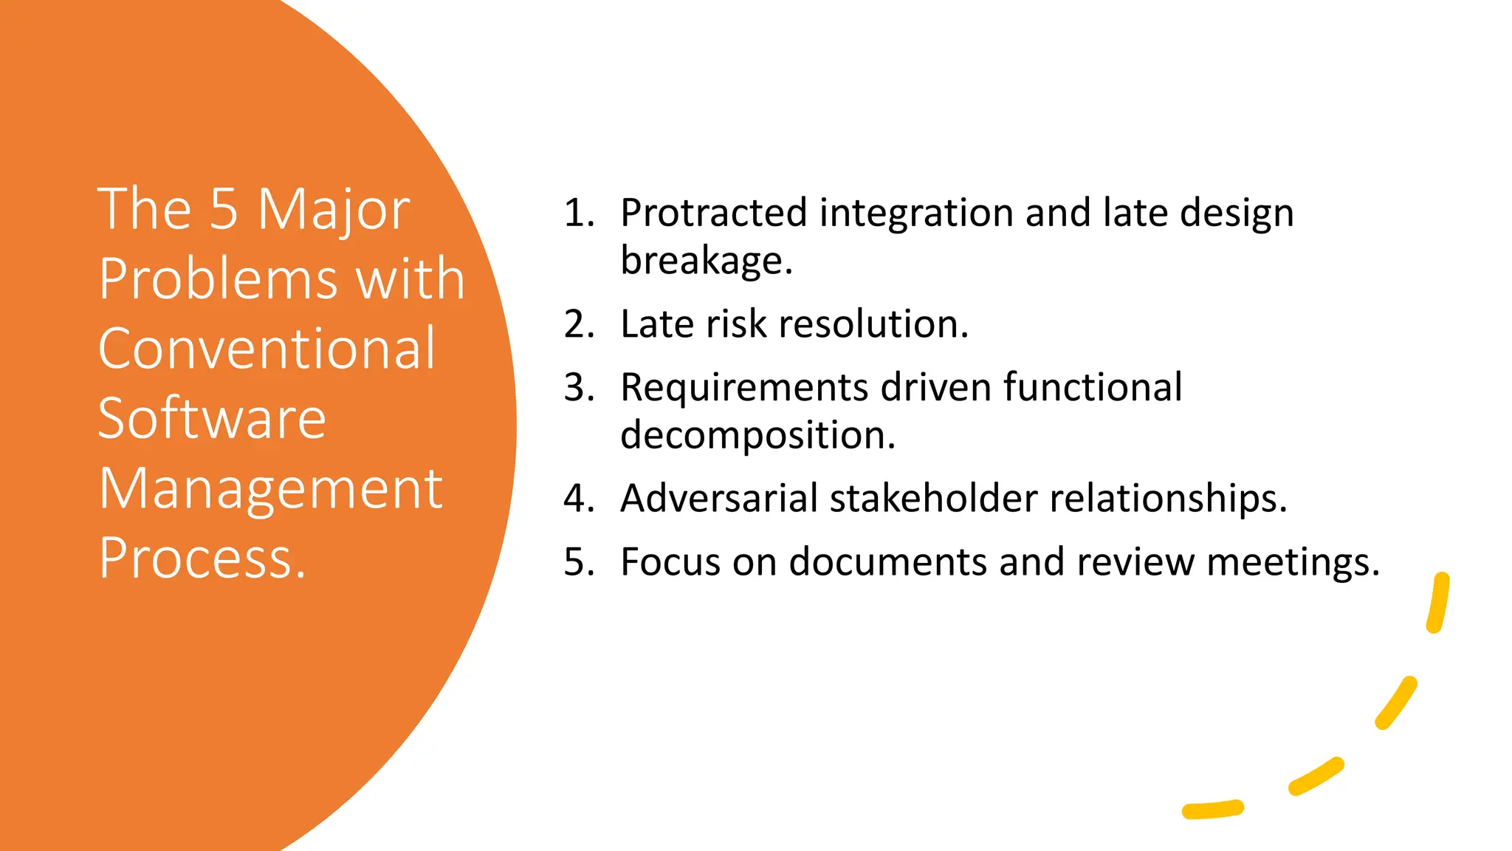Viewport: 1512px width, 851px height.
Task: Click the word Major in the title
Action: click(x=333, y=210)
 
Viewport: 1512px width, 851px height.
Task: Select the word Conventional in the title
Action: click(x=267, y=349)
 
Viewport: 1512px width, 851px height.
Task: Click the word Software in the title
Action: click(x=212, y=418)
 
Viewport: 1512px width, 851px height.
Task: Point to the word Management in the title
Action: click(x=270, y=489)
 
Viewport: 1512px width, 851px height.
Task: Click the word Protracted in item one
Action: click(x=713, y=213)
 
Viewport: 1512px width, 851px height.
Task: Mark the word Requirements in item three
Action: click(x=744, y=387)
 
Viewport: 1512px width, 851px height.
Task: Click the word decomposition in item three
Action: click(x=757, y=434)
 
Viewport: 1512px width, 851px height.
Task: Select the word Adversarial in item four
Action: click(x=719, y=498)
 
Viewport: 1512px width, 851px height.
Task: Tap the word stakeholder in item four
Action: click(x=934, y=498)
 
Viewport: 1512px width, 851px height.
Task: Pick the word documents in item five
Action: click(x=888, y=561)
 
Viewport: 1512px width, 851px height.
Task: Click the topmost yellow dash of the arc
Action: click(x=1438, y=603)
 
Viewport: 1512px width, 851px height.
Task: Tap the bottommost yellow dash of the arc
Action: click(x=1212, y=810)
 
